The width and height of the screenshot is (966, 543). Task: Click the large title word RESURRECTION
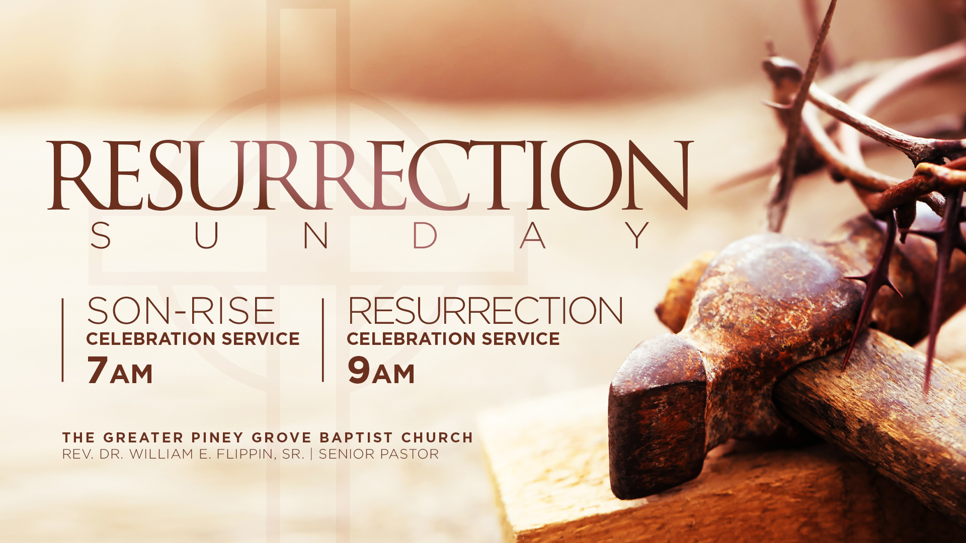[x=370, y=175]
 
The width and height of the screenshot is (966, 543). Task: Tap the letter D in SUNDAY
[x=425, y=235]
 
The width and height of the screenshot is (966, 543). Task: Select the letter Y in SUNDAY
[x=638, y=235]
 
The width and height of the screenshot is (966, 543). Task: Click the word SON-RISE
[x=181, y=310]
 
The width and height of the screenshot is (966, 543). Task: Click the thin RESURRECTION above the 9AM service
[x=486, y=310]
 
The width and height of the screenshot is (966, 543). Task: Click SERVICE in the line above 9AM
[x=521, y=339]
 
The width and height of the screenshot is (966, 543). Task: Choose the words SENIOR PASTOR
[x=379, y=454]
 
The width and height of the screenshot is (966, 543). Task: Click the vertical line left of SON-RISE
[x=63, y=340]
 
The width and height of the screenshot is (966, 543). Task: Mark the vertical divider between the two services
[x=323, y=340]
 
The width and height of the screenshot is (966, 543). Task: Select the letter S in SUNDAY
[x=101, y=235]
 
